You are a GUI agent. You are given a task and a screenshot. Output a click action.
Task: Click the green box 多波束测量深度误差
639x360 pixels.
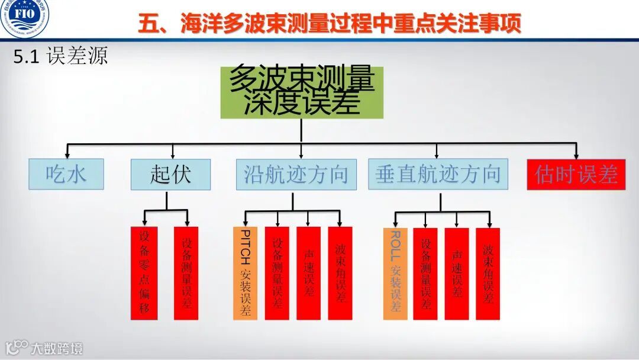(302, 92)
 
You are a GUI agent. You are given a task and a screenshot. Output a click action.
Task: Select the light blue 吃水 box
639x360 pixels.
(66, 174)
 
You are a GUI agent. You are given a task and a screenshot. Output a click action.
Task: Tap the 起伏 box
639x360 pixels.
(170, 174)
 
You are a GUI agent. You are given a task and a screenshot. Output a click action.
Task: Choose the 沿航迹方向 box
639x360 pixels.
(296, 174)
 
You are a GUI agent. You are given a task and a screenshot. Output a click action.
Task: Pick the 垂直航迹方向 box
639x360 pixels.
(438, 174)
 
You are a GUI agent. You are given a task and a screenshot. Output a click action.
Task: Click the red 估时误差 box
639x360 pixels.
(576, 174)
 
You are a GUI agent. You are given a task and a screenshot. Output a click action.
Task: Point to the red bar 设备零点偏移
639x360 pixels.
(144, 273)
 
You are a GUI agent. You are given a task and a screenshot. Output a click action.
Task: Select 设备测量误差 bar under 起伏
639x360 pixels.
(186, 273)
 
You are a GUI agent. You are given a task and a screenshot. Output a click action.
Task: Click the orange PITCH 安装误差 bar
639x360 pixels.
(245, 273)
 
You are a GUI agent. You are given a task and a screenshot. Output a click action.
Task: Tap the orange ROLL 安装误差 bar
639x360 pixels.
(395, 273)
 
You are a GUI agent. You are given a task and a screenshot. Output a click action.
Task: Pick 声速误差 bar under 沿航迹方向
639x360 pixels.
(308, 273)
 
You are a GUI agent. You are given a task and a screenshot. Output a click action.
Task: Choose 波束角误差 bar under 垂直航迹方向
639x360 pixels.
(488, 273)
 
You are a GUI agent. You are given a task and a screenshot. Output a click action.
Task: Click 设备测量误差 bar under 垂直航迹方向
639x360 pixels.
(425, 273)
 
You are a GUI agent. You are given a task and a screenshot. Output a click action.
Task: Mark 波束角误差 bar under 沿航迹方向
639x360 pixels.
(340, 273)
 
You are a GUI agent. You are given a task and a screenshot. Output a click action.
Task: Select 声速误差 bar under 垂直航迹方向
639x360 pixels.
(457, 273)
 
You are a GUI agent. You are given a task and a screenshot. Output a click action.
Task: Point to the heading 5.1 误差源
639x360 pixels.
(59, 57)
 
